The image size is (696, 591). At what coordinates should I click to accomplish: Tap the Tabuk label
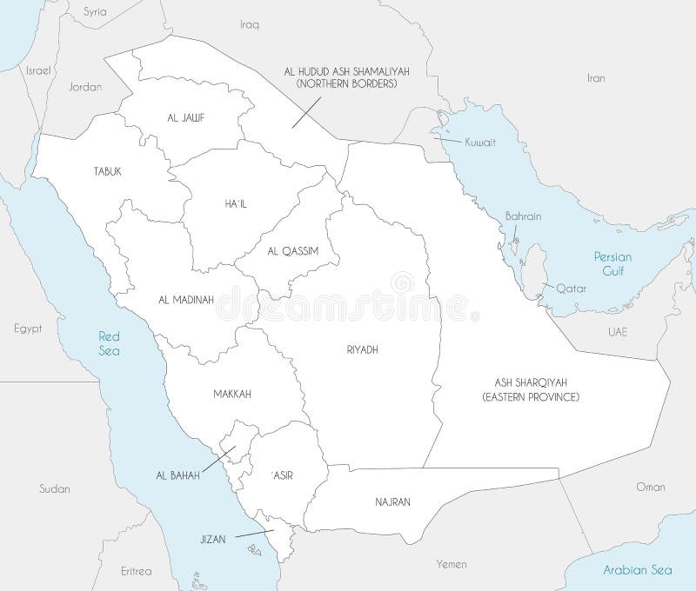pos(108,172)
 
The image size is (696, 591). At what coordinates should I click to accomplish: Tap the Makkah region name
pos(231,394)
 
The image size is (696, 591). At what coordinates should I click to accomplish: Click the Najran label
pos(393,501)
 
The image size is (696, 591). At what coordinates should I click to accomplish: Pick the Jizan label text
pos(211,539)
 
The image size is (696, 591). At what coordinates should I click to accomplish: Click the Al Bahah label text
pos(178,475)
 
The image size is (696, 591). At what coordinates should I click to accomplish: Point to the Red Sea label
pos(110,343)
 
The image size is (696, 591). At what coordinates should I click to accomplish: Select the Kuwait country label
pos(479,142)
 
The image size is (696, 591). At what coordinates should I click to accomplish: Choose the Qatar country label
pos(572,288)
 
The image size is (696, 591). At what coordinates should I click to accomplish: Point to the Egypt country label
pos(29,329)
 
